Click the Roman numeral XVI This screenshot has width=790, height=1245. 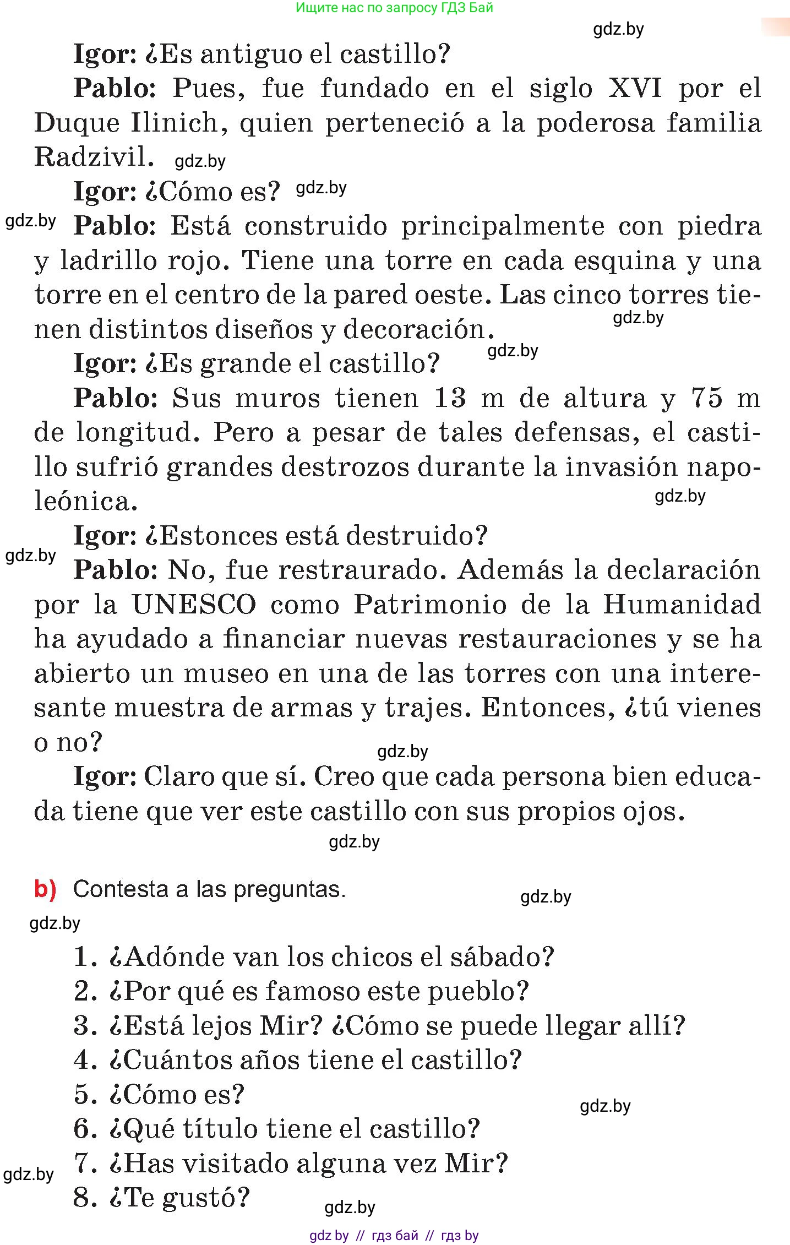[634, 88]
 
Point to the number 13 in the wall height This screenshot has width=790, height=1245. [450, 398]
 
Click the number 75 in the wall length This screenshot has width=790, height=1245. [706, 398]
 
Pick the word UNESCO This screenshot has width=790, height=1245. [194, 605]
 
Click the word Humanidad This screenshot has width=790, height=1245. [682, 605]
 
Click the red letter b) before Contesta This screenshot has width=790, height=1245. [45, 889]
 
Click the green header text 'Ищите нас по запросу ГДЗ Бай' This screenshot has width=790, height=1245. [394, 8]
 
